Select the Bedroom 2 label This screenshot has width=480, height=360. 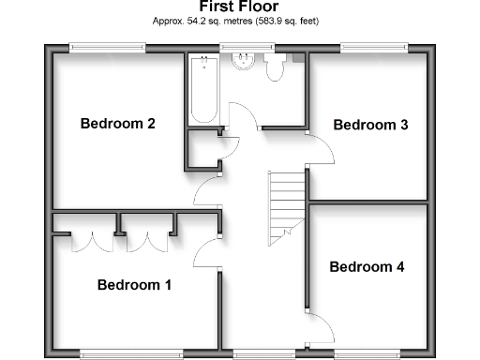(x=117, y=123)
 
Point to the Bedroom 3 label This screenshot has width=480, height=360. (x=370, y=125)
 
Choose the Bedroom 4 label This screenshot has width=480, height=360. (x=367, y=267)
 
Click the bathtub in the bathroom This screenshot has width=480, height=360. (x=203, y=90)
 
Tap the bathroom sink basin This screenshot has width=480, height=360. (x=244, y=64)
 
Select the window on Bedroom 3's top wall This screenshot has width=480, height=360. (x=374, y=46)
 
